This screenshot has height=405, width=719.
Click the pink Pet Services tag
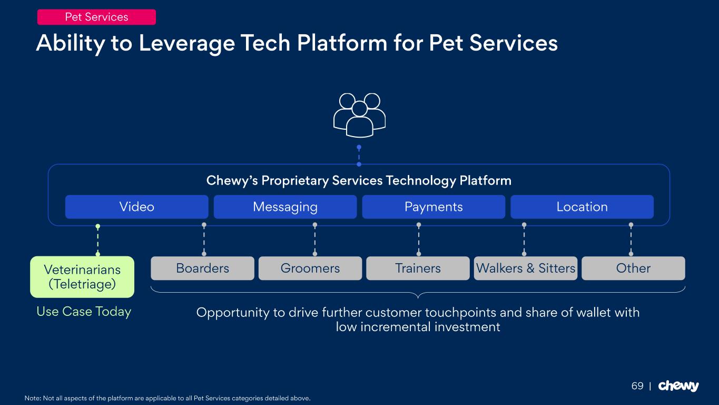[x=96, y=17]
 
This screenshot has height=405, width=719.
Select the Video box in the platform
[x=136, y=207]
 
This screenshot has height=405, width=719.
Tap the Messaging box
[x=285, y=207]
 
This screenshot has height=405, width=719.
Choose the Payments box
[x=434, y=207]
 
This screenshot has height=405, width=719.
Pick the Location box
[x=582, y=207]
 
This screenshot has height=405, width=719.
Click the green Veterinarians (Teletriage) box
[x=82, y=277]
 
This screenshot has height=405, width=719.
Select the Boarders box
[x=202, y=268]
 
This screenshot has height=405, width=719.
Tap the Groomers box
[x=310, y=268]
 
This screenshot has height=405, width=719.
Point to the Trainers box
[x=418, y=268]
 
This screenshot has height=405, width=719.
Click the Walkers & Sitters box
[x=526, y=268]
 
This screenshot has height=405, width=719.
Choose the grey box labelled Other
[x=633, y=268]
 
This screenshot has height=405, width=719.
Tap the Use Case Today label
[x=84, y=312]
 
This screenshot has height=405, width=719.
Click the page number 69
[x=637, y=386]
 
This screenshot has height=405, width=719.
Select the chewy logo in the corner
[x=678, y=386]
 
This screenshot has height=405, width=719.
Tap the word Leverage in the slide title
[x=186, y=43]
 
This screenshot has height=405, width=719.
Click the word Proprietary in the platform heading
[x=295, y=181]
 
